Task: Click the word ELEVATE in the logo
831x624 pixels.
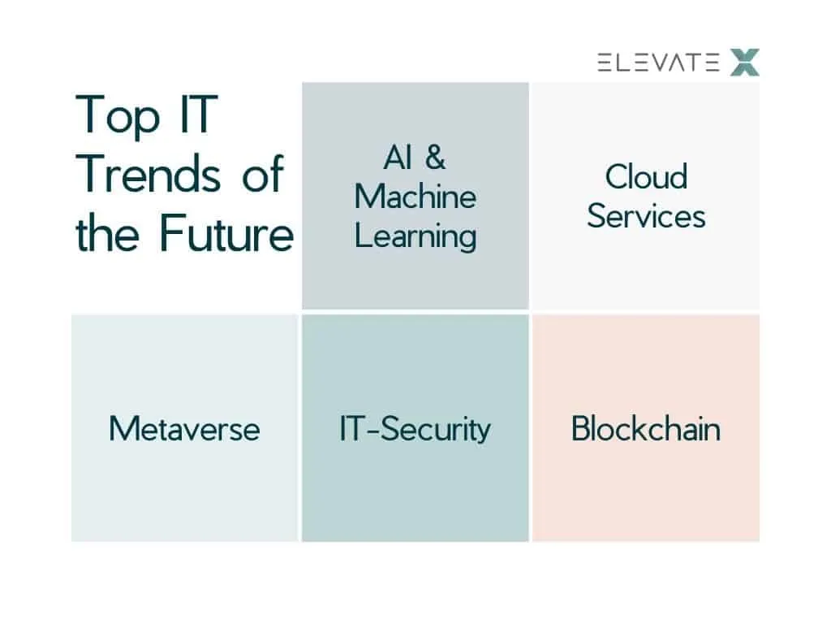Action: coord(658,63)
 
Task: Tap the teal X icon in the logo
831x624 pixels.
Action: coord(745,62)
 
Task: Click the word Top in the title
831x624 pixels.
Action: coord(118,115)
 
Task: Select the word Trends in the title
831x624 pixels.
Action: coord(148,173)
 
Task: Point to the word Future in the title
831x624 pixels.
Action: coord(226,232)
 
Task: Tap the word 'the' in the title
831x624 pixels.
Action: coord(108,232)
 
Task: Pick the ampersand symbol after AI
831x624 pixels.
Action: coord(435,157)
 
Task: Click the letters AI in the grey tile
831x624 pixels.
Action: coord(398,158)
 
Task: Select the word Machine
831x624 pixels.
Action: coord(415,197)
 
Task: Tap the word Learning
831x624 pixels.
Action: coord(415,236)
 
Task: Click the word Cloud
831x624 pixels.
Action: coord(647,176)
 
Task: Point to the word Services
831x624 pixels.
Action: coord(647,216)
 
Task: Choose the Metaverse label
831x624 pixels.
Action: coord(184,429)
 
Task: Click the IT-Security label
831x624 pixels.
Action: coord(415,430)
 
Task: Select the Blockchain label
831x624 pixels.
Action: coord(646,428)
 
